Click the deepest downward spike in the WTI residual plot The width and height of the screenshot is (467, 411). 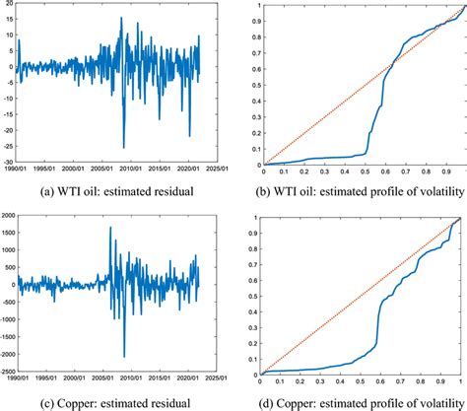[124, 148]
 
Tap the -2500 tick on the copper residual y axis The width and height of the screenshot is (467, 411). [8, 373]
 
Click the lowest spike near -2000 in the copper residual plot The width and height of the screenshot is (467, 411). [124, 357]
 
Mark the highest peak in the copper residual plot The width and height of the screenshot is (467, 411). [109, 228]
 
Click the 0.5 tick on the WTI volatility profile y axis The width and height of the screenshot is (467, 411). [251, 85]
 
